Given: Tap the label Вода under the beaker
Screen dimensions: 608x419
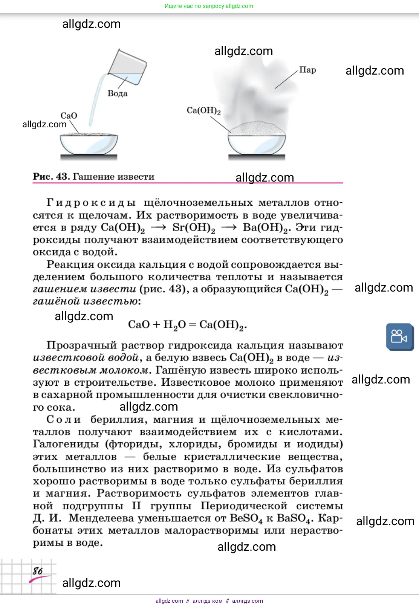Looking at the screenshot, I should click(x=118, y=93).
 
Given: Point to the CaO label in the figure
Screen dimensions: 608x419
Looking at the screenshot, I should click(x=69, y=116).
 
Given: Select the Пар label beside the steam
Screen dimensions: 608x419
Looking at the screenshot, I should click(x=307, y=70).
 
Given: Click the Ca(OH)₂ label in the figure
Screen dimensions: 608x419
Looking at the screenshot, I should click(x=203, y=110).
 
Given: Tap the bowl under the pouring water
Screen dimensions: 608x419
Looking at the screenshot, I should click(x=89, y=144).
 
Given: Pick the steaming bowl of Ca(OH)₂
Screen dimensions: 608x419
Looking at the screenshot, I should click(x=257, y=140).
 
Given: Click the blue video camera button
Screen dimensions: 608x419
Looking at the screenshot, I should click(x=399, y=336).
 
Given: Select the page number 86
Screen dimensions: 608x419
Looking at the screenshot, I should click(x=38, y=571).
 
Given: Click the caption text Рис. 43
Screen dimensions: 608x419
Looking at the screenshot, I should click(x=51, y=176).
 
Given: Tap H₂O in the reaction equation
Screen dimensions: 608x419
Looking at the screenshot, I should click(x=174, y=325).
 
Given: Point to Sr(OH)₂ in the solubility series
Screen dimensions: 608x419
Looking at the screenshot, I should click(x=194, y=228).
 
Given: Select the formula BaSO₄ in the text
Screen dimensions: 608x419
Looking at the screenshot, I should click(x=294, y=519).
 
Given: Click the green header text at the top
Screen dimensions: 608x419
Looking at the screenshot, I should click(x=209, y=6).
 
